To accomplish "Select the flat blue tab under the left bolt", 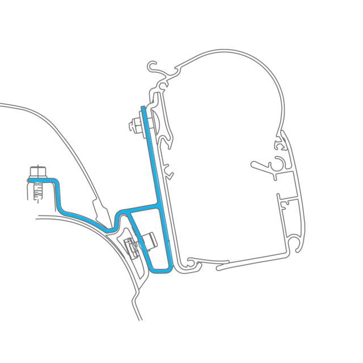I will coord(43,181).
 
